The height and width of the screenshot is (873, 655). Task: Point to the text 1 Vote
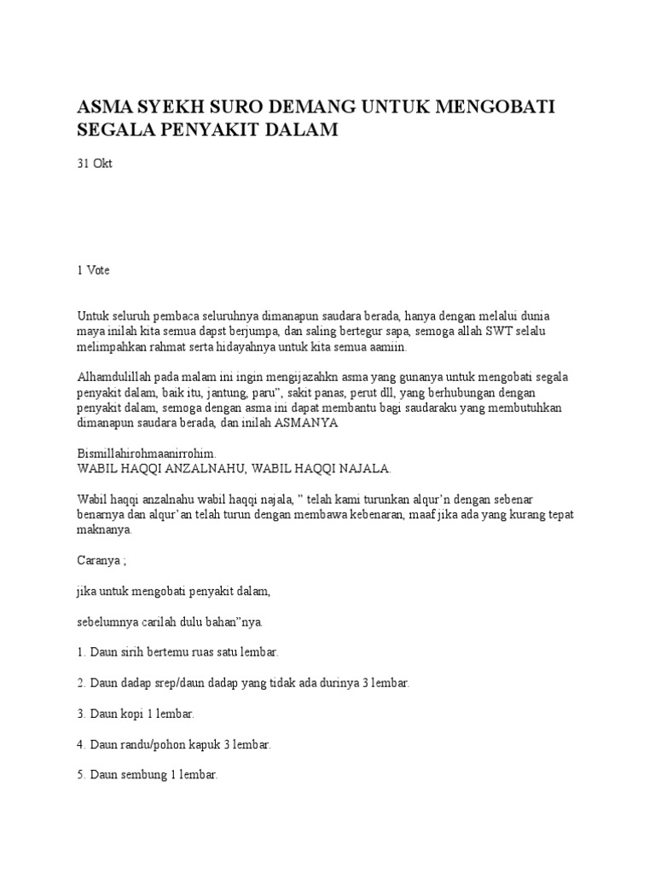tap(94, 270)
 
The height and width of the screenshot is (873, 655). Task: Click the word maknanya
tap(104, 531)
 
